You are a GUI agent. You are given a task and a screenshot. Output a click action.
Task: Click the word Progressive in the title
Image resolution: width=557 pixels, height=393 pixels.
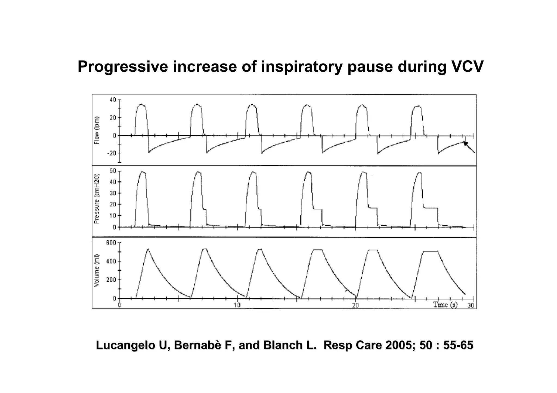pos(123,67)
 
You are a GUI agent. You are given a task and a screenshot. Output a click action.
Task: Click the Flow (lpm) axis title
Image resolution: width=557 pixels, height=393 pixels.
pos(97,130)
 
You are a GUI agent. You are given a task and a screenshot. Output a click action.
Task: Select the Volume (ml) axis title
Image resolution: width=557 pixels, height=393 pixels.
pos(96,271)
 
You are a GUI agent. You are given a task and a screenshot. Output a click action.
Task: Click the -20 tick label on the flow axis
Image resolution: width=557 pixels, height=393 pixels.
pos(112,153)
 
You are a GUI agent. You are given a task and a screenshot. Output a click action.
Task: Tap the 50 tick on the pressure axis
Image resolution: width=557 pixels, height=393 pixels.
pos(113,171)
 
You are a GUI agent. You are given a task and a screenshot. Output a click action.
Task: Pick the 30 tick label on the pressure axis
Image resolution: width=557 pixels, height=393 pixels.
pos(113,193)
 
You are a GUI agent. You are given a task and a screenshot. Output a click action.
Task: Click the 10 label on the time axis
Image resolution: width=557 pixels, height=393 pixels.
pos(237,305)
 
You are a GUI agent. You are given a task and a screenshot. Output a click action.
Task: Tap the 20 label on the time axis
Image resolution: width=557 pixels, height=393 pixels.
pos(355,305)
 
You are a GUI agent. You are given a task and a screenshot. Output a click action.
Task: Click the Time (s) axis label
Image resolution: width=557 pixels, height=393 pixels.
pos(445,305)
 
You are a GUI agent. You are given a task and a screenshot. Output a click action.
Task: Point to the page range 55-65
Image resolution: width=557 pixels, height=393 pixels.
pos(458,345)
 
